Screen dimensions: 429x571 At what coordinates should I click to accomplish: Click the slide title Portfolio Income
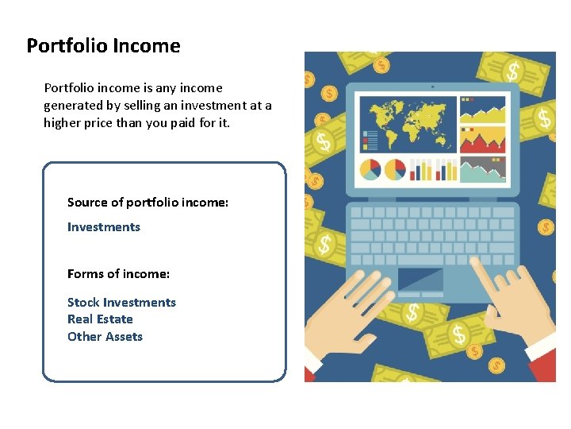[103, 46]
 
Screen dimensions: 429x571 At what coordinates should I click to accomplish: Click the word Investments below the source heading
[103, 227]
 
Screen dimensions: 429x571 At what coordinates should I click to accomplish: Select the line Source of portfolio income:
[148, 203]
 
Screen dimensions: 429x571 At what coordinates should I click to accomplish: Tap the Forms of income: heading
[118, 274]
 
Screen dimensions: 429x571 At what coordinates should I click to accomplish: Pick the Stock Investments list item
[121, 303]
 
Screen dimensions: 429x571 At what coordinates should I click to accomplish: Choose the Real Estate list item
[100, 319]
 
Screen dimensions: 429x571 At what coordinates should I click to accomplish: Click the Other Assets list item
[105, 337]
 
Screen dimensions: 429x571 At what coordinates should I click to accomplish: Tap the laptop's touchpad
[420, 280]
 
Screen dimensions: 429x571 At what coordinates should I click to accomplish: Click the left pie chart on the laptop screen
[370, 169]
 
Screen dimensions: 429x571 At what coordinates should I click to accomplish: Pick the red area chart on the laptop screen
[483, 141]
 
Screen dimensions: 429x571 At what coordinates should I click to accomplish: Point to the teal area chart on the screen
[483, 170]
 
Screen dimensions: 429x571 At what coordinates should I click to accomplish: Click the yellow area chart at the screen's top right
[483, 110]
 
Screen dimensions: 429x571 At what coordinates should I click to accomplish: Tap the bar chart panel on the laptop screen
[433, 169]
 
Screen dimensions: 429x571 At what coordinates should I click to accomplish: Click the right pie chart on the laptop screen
[395, 169]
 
